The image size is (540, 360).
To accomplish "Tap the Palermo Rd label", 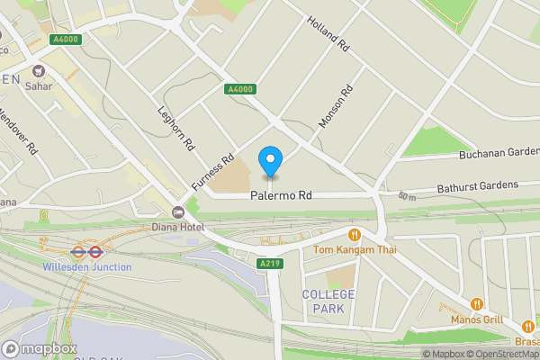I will coord(281,194).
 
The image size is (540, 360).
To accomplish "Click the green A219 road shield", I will coord(270,264).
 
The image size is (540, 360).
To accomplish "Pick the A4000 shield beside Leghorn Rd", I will coord(238,89).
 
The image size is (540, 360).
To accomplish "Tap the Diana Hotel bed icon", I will coord(178,212).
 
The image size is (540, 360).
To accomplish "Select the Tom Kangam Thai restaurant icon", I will coord(355,235).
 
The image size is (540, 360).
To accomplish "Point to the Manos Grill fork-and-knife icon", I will coord(477,304).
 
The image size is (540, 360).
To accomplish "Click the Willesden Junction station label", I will coord(86,267).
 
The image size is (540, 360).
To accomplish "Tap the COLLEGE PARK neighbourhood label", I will coord(328,301).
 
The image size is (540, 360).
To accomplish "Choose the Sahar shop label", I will coord(39,86).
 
